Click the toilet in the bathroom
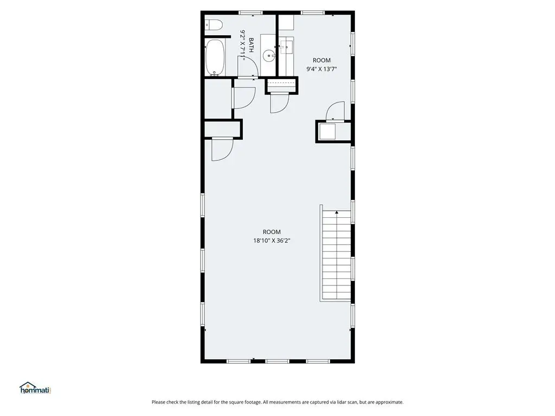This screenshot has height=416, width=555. point(214,25)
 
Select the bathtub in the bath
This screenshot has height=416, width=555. point(215,57)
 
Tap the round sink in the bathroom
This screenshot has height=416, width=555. point(269,55)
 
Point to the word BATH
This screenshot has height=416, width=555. point(251,45)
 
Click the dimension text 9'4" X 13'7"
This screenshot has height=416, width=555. point(321,69)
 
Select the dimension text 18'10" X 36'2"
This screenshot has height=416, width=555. point(272,241)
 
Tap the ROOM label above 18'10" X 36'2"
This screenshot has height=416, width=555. point(272,232)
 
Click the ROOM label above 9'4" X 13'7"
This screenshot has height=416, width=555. point(321,61)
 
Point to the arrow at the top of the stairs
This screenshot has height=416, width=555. point(337,212)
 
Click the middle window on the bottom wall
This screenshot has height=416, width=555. point(277,361)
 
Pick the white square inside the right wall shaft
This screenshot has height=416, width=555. point(327,131)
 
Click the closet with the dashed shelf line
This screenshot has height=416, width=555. point(281,85)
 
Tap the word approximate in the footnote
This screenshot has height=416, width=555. point(389,402)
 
